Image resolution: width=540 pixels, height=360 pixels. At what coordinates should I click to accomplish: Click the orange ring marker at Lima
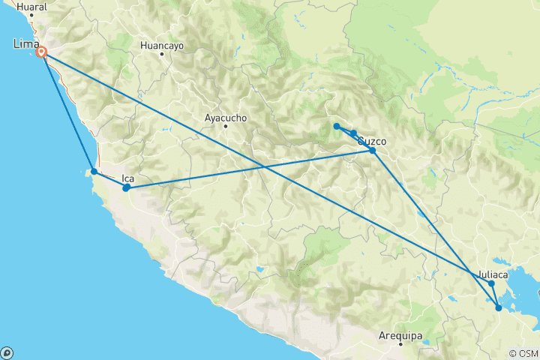[43, 52]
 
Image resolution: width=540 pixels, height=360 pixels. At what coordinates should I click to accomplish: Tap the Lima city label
[27, 46]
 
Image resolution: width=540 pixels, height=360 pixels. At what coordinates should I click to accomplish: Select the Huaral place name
[31, 7]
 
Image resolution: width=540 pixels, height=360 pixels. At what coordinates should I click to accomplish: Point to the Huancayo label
[161, 45]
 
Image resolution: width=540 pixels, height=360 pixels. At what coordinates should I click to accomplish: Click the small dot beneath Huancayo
[161, 54]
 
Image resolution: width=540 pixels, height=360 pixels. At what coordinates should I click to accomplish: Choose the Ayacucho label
[226, 118]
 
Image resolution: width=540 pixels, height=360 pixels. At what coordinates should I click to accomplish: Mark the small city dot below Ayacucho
[226, 126]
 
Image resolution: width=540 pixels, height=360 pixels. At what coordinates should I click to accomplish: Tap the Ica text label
[127, 178]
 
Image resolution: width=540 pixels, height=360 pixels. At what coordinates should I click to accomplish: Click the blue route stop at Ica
[126, 188]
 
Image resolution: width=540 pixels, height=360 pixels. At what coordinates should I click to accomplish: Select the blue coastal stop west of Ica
[94, 172]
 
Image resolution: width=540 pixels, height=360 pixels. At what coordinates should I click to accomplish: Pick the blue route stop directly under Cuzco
[373, 151]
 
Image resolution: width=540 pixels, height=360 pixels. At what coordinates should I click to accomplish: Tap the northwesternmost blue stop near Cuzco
[337, 126]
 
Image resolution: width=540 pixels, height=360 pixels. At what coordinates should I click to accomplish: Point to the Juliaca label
[493, 274]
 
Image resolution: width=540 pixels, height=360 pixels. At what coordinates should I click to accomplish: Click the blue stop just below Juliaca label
[491, 283]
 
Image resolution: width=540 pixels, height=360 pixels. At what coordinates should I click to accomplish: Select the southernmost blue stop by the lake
[499, 307]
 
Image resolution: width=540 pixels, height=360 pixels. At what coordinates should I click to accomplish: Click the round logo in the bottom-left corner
[7, 352]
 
